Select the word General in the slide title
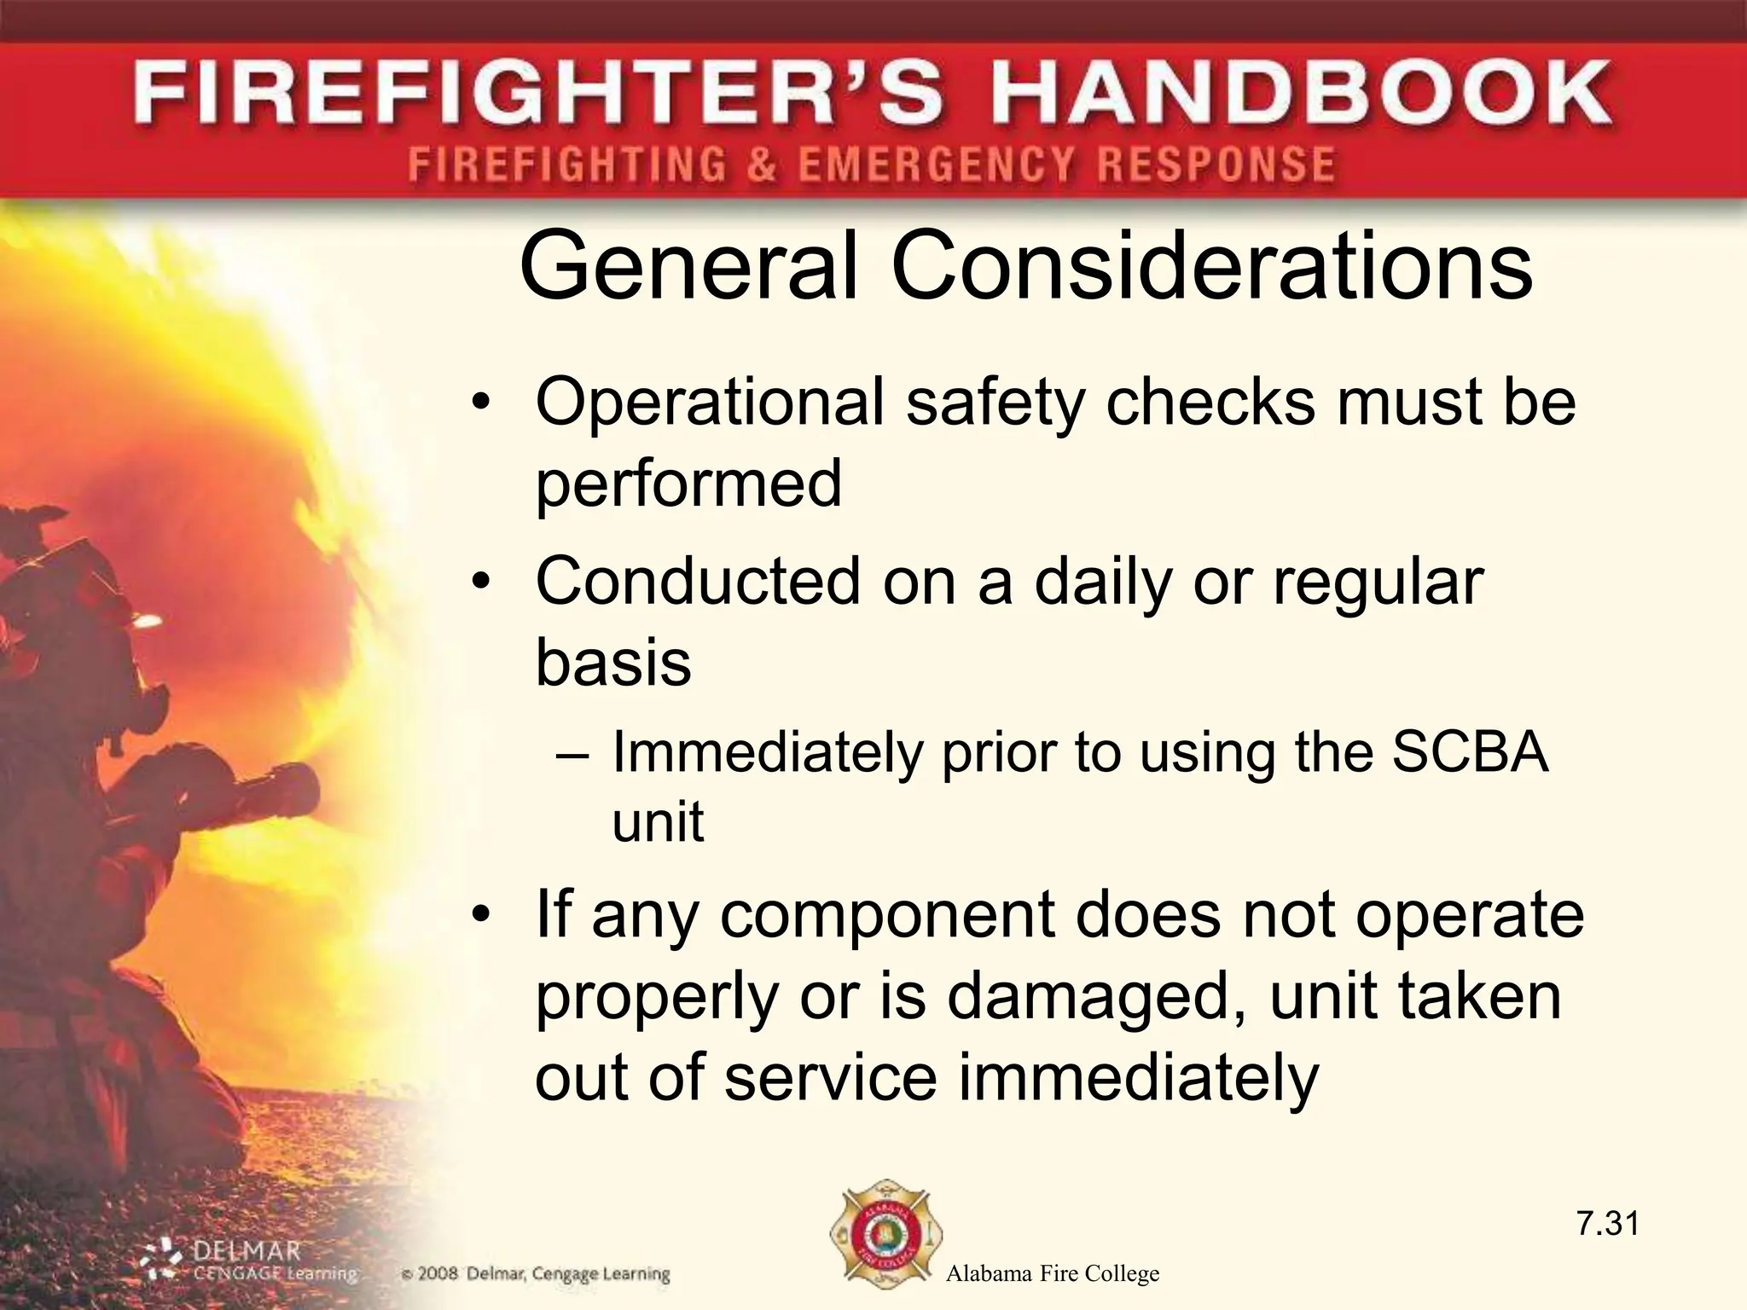(x=688, y=266)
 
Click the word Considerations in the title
(x=1211, y=266)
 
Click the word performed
(x=688, y=484)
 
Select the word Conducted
(x=698, y=582)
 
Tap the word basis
(x=612, y=663)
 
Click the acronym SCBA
(x=1469, y=752)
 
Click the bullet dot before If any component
(x=482, y=916)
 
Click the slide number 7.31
(x=1607, y=1224)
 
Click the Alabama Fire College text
(x=1053, y=1274)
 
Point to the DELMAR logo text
(x=247, y=1252)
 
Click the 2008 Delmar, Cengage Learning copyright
(x=536, y=1275)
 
